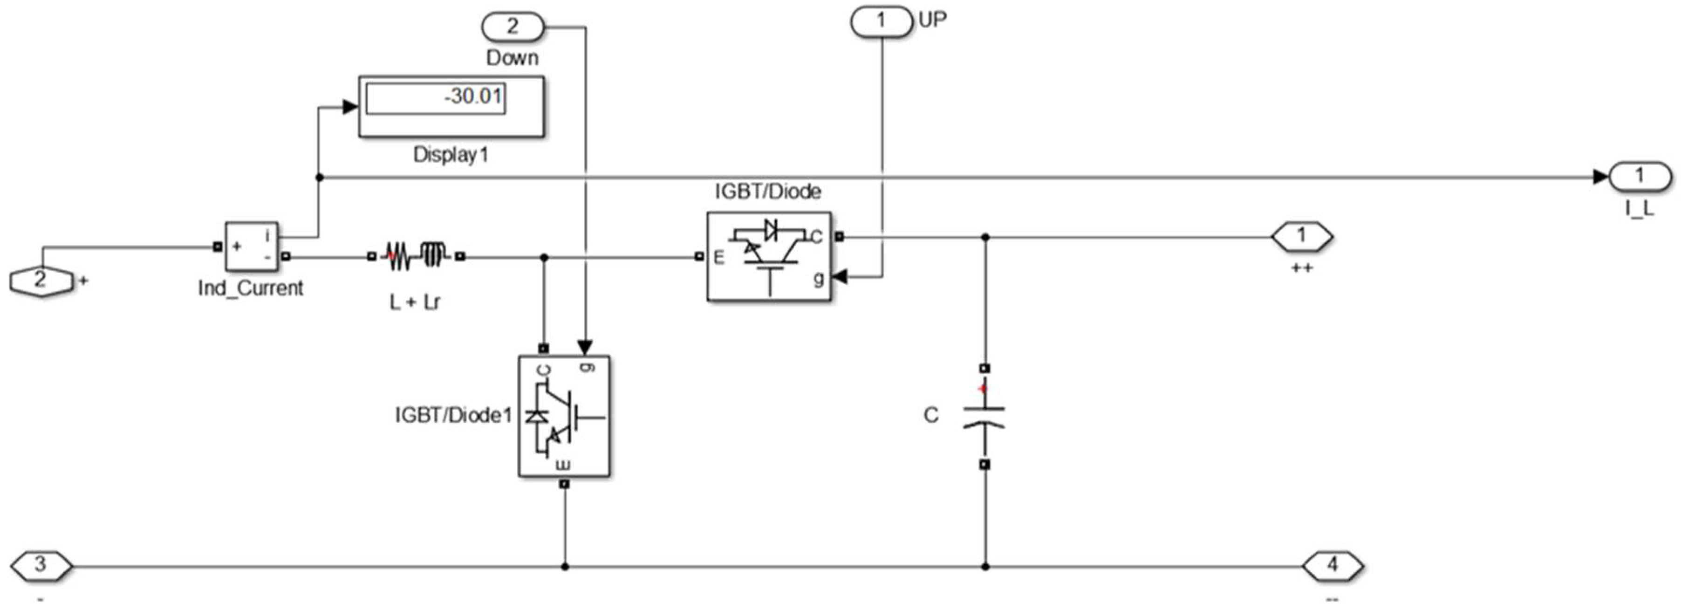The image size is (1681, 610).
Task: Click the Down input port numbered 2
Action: click(x=512, y=27)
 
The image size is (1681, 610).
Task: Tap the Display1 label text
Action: click(x=450, y=155)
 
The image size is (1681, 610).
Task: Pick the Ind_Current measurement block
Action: click(x=251, y=246)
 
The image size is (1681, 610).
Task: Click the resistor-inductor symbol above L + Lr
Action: click(x=415, y=256)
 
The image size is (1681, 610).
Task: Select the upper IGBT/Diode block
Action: click(x=769, y=256)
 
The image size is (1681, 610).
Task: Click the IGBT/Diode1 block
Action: click(x=564, y=416)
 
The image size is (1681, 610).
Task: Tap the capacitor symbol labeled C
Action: click(x=984, y=416)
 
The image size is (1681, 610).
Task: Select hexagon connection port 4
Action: click(x=1332, y=565)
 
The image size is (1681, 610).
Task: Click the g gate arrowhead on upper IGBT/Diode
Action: click(x=840, y=277)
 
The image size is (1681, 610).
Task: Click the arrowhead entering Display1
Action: click(x=350, y=107)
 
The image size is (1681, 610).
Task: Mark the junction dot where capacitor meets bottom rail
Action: click(x=985, y=566)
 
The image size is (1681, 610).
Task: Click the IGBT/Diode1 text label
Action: click(x=453, y=416)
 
